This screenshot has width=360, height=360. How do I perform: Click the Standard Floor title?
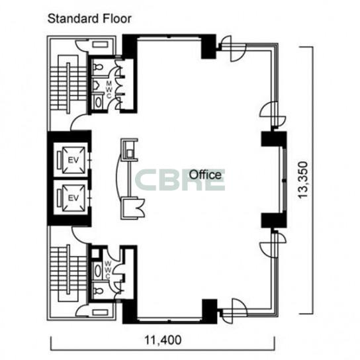tap(89, 19)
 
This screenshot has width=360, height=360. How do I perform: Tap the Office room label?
tap(205, 175)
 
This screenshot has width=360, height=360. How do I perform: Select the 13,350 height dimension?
tap(302, 180)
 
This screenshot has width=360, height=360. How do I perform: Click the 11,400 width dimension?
tap(163, 339)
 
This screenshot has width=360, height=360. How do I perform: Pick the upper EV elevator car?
tap(73, 160)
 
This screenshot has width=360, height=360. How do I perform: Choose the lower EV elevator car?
tap(73, 198)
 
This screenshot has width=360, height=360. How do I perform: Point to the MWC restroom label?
tap(109, 89)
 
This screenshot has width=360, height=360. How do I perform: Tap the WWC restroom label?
tap(108, 270)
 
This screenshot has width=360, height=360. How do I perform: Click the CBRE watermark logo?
tap(180, 180)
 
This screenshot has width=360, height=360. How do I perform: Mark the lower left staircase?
tap(68, 273)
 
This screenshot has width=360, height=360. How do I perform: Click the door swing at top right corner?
tap(232, 49)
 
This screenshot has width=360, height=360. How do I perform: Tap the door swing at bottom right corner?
tap(233, 311)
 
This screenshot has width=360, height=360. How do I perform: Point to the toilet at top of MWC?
tap(98, 67)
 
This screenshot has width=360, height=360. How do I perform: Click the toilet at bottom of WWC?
tap(98, 291)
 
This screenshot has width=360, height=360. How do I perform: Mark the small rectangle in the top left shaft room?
tap(100, 45)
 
